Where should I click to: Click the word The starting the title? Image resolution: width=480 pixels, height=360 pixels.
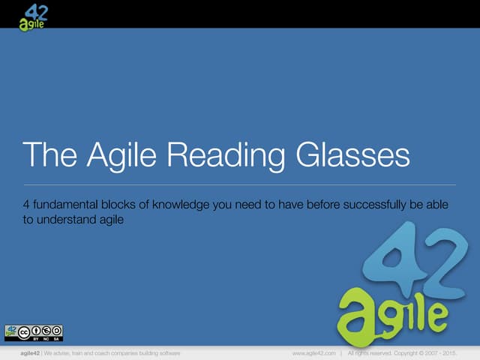(49, 156)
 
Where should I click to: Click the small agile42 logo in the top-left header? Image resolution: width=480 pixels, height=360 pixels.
(34, 16)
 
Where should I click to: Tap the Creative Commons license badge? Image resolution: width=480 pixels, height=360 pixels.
(34, 332)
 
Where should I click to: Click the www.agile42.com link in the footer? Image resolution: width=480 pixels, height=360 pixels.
(313, 352)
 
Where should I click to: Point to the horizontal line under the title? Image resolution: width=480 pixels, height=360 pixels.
(240, 184)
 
